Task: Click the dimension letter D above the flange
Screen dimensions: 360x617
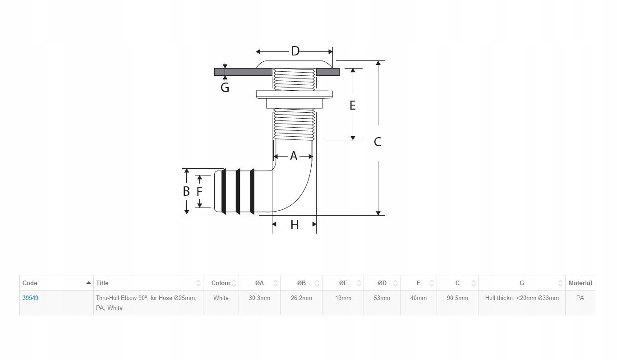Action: click(x=295, y=51)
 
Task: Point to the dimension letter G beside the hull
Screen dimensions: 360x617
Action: click(x=225, y=87)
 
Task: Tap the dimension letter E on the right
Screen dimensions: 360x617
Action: click(x=353, y=105)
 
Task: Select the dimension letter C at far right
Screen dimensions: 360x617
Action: click(x=378, y=142)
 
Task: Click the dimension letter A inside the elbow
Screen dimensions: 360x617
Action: click(x=294, y=156)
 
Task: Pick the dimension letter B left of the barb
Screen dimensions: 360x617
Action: click(x=186, y=191)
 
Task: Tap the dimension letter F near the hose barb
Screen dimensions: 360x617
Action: click(x=199, y=191)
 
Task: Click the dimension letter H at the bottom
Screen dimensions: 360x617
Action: click(x=295, y=225)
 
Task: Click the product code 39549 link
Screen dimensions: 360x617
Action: click(x=30, y=298)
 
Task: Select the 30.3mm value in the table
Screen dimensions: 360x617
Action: click(x=259, y=298)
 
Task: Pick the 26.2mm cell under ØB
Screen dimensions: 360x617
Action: click(x=301, y=298)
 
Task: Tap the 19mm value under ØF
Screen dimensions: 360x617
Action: click(x=343, y=298)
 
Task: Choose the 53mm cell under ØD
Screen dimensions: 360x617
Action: click(x=382, y=298)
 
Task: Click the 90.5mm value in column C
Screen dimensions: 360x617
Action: click(x=457, y=298)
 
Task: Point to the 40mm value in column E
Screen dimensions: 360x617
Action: click(x=418, y=298)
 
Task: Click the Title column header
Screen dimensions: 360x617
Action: click(x=102, y=283)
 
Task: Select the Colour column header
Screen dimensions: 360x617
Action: click(x=221, y=283)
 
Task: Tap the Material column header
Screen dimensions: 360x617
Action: click(x=580, y=283)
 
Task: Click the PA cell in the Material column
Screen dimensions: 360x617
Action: click(x=580, y=298)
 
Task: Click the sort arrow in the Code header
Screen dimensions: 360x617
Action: click(x=88, y=283)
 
